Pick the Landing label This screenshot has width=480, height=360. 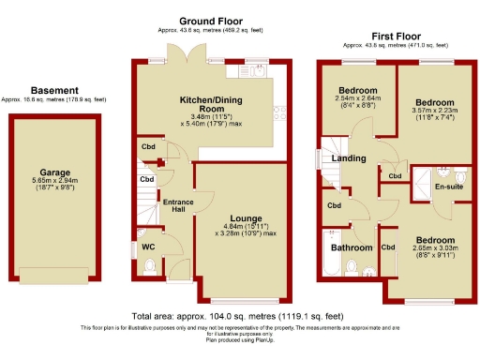(x=349, y=158)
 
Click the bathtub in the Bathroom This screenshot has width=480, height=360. (x=330, y=267)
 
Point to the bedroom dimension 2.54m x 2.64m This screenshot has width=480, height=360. (x=354, y=103)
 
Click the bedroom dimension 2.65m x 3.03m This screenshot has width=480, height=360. (x=435, y=249)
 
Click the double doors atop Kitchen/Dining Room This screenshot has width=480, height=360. (x=196, y=60)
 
